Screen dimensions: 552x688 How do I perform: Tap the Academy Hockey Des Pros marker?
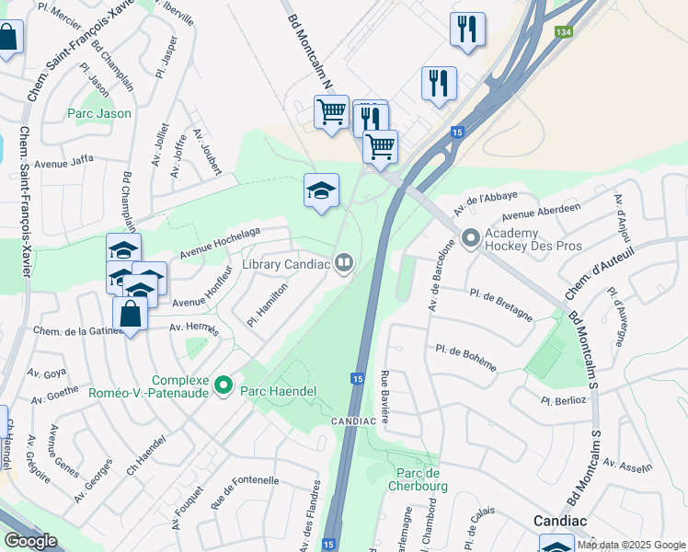point(471,240)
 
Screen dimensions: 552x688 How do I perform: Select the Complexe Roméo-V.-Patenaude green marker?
point(223,385)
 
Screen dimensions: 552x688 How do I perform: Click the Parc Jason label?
point(99,114)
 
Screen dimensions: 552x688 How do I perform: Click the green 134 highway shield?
point(564,32)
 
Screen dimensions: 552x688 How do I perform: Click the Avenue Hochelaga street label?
point(221,241)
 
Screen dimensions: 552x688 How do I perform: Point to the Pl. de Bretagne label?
point(500,304)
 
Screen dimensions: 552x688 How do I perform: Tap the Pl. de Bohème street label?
point(466,359)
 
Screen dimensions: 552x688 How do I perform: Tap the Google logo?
point(30,541)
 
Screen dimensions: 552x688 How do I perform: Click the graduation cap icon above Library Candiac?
point(321,190)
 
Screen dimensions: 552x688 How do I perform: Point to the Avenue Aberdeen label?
point(553,211)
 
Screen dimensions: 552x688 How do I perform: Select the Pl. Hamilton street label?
point(268,304)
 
